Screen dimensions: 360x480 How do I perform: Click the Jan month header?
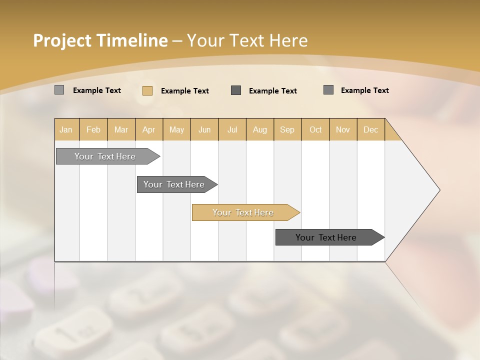tap(66, 129)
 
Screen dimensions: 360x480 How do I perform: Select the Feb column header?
tap(93, 129)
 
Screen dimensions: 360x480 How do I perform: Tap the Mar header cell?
tap(121, 129)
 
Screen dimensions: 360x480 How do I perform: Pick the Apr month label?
tap(149, 129)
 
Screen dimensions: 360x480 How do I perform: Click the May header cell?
tap(176, 129)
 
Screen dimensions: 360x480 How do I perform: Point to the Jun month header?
tap(204, 129)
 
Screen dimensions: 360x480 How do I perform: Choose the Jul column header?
tap(232, 129)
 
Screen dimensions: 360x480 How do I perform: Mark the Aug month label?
tap(260, 129)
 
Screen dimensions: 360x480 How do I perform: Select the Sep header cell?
tap(287, 129)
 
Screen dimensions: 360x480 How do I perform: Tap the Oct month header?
tap(315, 129)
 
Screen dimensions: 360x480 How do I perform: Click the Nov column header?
tap(343, 129)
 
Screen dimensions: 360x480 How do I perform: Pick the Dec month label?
tap(371, 129)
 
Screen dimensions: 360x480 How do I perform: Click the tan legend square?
tap(147, 90)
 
